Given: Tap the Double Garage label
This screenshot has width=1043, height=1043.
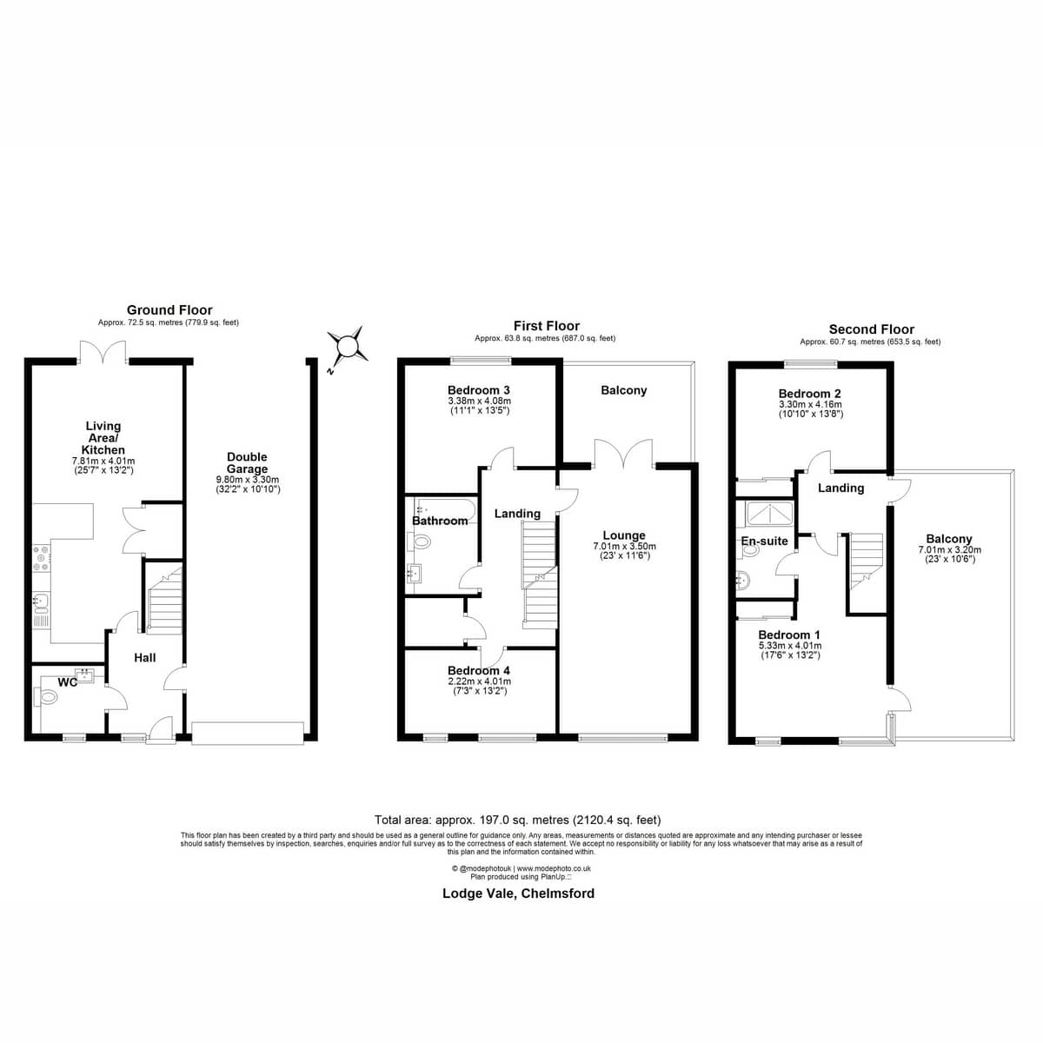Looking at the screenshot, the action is (x=247, y=462).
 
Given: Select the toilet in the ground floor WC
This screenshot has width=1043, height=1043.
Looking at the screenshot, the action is (x=45, y=696).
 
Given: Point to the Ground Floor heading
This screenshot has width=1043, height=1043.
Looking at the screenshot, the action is (x=169, y=310).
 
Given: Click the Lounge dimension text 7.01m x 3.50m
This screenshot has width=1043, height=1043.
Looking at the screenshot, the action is (x=624, y=546).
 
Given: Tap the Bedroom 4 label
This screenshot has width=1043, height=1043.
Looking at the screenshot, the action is (x=478, y=671).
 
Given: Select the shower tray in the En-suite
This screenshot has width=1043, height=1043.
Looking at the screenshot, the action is (x=769, y=514).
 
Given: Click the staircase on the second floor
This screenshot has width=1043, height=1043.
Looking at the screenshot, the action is (x=867, y=561).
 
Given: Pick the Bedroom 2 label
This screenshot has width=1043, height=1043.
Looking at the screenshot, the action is (x=810, y=394).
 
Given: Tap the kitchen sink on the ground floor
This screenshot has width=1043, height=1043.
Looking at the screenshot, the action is (x=41, y=610).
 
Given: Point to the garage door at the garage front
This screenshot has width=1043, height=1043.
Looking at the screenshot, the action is (x=248, y=734).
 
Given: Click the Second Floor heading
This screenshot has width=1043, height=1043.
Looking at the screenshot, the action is (x=872, y=329).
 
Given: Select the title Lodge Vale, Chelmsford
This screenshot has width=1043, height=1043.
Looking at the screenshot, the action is (x=519, y=894).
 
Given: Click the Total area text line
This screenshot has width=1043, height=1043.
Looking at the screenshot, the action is (x=518, y=820).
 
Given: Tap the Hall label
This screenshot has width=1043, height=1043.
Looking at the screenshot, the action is (x=145, y=658).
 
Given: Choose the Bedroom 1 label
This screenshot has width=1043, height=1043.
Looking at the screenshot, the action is (x=789, y=634).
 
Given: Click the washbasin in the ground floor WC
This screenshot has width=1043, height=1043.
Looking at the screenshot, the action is (x=85, y=675).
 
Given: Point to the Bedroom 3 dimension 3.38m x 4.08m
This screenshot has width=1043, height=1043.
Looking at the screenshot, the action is (x=479, y=401).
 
